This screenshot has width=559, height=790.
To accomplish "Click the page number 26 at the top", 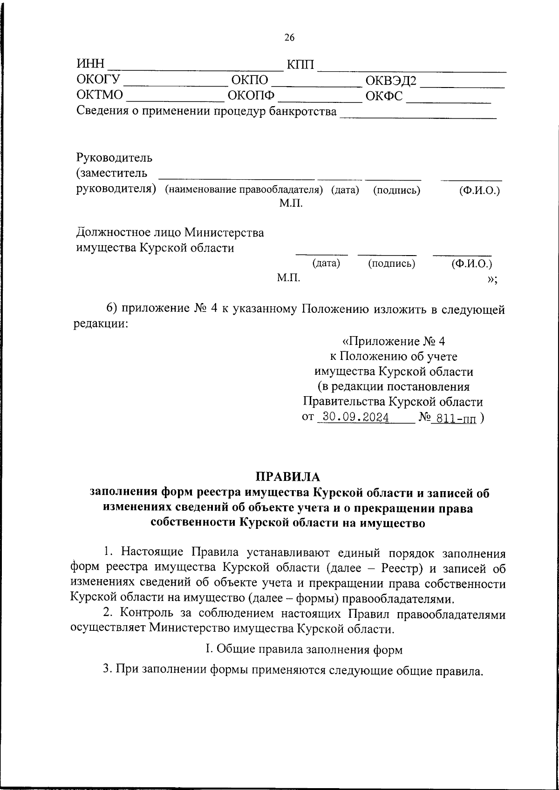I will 289,38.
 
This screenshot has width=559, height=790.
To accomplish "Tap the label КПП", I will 301,64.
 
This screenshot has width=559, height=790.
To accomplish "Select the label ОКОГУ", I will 99,80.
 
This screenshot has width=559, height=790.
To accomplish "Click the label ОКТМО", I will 100,95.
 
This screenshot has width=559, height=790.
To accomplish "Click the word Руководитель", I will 114,158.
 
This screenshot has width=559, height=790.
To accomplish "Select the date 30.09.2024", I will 356,417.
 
